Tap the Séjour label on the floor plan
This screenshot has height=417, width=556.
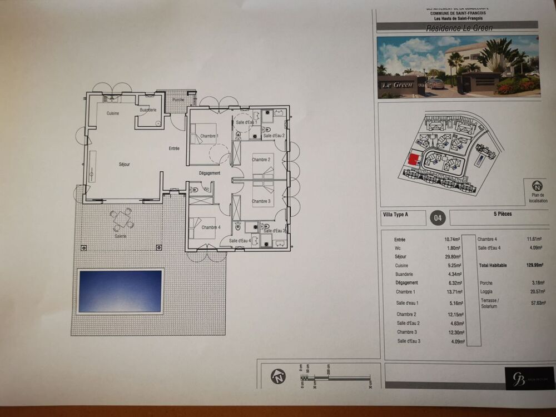(125, 165)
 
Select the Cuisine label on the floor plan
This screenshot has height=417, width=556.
(113, 113)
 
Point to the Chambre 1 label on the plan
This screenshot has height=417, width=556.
(210, 136)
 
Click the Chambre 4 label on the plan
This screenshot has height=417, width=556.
(211, 227)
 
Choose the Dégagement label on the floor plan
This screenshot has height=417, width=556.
(210, 173)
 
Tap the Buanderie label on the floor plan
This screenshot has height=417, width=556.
(148, 110)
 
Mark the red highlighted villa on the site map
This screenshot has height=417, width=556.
(413, 160)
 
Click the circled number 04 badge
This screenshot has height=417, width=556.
(438, 219)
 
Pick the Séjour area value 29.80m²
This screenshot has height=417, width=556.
(453, 257)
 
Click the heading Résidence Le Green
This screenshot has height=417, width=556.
(451, 27)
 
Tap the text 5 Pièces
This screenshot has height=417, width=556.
(502, 214)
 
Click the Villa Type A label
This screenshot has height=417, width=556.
(395, 214)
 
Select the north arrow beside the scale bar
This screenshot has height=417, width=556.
(278, 376)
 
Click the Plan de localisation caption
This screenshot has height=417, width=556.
(538, 198)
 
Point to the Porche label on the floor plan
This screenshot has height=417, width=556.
(178, 100)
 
